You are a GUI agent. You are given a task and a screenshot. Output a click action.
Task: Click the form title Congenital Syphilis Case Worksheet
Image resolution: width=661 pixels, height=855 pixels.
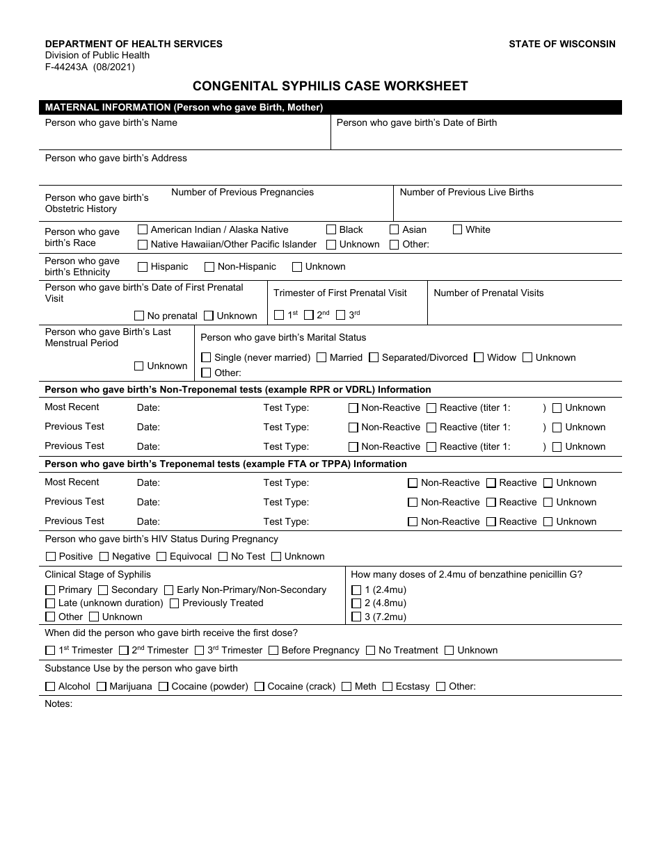pos(330,86)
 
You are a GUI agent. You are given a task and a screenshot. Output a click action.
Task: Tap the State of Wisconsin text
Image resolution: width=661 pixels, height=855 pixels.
pos(562,44)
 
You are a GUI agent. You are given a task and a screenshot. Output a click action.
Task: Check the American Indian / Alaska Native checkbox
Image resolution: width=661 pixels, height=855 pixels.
pos(143,229)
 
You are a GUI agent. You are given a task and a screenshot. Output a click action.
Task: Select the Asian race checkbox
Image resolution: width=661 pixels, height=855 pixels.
pos(395,229)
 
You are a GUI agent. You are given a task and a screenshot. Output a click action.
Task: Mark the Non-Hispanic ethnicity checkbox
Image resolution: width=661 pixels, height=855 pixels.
pos(209,267)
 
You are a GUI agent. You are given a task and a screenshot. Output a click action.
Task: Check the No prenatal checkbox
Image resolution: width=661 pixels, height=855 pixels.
pos(139,316)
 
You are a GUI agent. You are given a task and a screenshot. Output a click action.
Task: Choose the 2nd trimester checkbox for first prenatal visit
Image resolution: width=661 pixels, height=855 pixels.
pos(309,315)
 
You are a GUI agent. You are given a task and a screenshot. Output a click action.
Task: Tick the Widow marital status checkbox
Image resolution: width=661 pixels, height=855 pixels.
pos(479,357)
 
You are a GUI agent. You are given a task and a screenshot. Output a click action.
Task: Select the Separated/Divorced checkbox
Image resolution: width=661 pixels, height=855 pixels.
pos(374,357)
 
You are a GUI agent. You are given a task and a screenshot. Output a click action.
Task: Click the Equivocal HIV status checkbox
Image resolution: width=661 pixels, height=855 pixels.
pos(161,556)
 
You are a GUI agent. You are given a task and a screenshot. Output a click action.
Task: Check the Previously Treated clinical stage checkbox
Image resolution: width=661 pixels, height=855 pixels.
pos(175,603)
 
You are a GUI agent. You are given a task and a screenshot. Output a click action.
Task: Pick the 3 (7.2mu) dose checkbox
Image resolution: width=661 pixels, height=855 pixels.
pos(356,617)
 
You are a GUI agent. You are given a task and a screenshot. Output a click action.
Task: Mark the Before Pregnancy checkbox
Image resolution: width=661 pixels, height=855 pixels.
pos(273,651)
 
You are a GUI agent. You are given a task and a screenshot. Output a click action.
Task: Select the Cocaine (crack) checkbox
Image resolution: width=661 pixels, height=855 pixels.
pos(260,687)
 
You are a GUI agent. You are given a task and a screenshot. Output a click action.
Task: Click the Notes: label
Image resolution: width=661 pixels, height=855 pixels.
pos(58,703)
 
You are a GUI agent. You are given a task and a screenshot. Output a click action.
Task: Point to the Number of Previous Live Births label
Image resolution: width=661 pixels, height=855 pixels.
pos(466,193)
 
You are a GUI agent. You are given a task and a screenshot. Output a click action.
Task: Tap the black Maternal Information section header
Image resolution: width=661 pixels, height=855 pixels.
pos(330,108)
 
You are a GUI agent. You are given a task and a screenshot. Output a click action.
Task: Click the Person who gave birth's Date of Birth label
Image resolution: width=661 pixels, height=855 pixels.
pos(416,123)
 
